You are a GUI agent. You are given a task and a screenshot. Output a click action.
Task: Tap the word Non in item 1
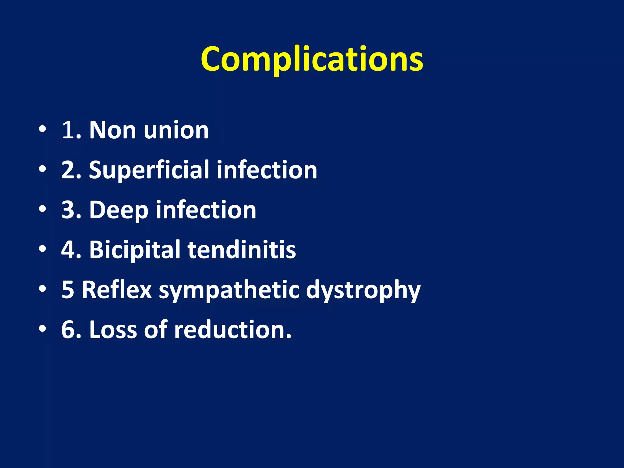pos(112,130)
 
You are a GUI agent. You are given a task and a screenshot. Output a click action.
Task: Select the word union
pos(176,130)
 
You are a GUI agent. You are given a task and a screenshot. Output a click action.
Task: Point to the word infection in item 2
pos(267,170)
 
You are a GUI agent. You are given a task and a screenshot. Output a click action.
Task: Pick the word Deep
pos(119,210)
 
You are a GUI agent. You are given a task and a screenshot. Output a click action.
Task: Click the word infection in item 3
pos(206,210)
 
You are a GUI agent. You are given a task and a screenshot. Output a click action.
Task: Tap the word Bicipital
pos(135,250)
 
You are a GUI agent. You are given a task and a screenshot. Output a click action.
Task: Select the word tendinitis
pos(242,250)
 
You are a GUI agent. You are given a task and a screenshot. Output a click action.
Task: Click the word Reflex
pos(117,289)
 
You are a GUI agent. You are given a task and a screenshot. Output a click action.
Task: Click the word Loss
pos(113,330)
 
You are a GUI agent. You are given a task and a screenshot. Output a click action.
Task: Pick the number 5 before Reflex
pos(68,289)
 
